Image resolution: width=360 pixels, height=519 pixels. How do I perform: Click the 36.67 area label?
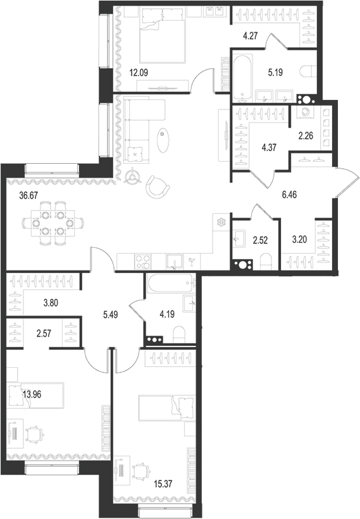[28, 195]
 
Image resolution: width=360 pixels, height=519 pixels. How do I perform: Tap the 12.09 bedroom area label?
[139, 73]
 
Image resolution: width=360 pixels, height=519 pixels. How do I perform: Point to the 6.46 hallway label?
[289, 195]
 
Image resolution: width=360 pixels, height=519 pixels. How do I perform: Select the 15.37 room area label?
[163, 484]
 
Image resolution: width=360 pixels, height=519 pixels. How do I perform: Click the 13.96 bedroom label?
[32, 394]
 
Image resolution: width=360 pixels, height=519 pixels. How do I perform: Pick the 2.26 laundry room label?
[306, 136]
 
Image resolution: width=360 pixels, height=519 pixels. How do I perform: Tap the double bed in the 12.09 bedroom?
[162, 35]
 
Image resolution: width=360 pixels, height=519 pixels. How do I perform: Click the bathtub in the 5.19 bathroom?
[243, 80]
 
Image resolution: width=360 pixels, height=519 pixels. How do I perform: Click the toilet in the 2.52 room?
[265, 261]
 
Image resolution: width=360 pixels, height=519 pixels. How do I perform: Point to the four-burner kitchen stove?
[143, 262]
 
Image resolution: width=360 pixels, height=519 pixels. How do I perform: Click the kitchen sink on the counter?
[175, 262]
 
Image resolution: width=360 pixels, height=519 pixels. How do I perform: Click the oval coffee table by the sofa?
[163, 140]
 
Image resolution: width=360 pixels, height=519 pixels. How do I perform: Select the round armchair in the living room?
[158, 186]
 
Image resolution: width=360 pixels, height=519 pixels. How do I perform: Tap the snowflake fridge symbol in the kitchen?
[220, 223]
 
